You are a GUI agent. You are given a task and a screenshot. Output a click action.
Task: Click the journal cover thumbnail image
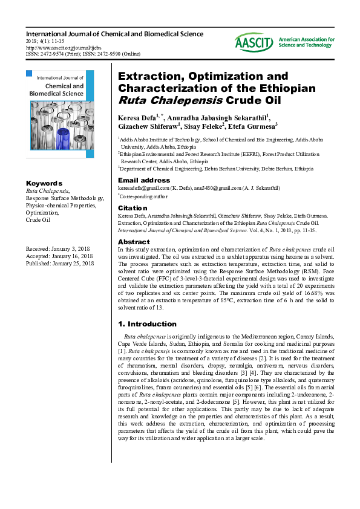tap(60, 114)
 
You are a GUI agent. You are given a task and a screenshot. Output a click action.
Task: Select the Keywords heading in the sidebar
tap(44, 183)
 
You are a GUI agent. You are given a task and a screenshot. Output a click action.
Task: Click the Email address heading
tap(144, 180)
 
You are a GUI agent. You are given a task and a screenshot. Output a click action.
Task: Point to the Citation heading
tap(133, 207)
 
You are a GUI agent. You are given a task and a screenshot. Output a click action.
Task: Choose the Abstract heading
tap(134, 242)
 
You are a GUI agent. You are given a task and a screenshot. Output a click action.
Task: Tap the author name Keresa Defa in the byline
tap(138, 117)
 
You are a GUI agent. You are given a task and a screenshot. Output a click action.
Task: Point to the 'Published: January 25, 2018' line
tap(60, 263)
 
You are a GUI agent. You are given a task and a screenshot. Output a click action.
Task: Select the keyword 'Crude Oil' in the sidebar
tap(38, 221)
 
